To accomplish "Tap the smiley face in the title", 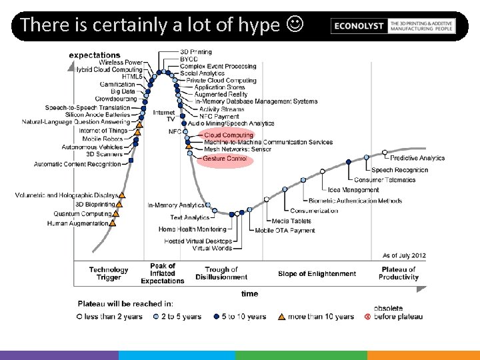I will [x=293, y=25].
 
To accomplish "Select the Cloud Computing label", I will [x=229, y=135].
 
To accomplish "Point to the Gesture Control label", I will [x=225, y=159].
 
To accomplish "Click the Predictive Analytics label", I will [x=417, y=158].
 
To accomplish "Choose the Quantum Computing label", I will [x=82, y=214].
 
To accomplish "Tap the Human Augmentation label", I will [x=77, y=223].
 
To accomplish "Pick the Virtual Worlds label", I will [x=212, y=248].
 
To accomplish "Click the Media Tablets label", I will [x=291, y=221].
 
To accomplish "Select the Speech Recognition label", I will [x=400, y=170].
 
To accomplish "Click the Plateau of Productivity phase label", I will [x=398, y=273].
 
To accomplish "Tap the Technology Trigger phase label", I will [x=109, y=273].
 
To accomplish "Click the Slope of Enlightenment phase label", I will [x=317, y=273].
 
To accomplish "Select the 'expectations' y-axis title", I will [x=95, y=55].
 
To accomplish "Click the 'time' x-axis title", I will [x=250, y=293].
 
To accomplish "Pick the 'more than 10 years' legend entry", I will [x=321, y=316].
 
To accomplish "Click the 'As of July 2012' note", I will [x=404, y=255].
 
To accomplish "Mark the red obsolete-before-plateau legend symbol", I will [x=367, y=316].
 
